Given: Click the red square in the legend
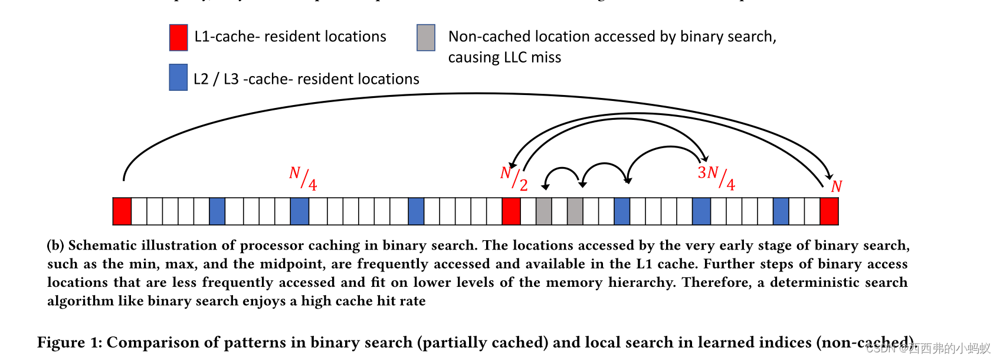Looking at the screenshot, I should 178,38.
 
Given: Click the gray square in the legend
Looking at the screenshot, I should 426,38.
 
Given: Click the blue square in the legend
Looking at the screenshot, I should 178,77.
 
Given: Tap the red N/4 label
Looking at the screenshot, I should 303,178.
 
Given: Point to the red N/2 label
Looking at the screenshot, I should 514,178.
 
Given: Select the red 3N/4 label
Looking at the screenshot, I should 716,177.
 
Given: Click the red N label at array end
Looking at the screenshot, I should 836,186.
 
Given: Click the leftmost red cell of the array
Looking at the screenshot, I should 122,211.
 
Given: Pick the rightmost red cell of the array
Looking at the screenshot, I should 829,211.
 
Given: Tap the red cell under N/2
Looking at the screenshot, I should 511,211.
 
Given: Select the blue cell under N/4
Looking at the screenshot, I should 300,211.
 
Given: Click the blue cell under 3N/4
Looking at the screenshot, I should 701,211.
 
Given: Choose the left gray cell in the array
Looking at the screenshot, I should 544,211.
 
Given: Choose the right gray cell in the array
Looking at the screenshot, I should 575,211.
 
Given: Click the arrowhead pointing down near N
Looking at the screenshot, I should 829,176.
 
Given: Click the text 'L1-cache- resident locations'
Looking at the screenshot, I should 290,37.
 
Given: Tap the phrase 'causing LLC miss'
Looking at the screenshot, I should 504,58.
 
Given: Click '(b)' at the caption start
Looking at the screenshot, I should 55,246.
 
